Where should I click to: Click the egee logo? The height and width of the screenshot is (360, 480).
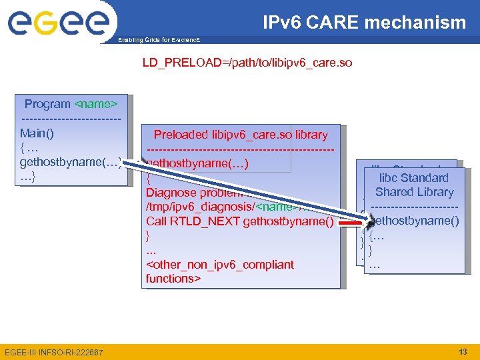point(58,25)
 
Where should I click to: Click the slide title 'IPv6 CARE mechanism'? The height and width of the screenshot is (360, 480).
point(365,23)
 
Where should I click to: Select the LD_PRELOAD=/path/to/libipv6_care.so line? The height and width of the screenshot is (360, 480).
point(247,63)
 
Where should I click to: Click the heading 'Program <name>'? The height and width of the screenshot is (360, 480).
point(71,104)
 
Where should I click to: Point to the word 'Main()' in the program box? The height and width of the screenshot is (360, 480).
point(37,133)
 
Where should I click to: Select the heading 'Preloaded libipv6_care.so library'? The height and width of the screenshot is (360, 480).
point(241,135)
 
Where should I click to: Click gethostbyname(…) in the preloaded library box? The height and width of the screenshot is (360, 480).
point(198,163)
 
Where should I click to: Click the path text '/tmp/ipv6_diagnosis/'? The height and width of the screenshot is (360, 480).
point(200,207)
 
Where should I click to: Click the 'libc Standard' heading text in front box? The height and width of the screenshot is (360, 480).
point(413,178)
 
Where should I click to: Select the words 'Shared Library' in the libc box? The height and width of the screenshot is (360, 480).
point(414,192)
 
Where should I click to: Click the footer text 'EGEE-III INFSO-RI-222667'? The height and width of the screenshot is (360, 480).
point(54,352)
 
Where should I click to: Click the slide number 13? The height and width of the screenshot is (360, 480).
point(463,351)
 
